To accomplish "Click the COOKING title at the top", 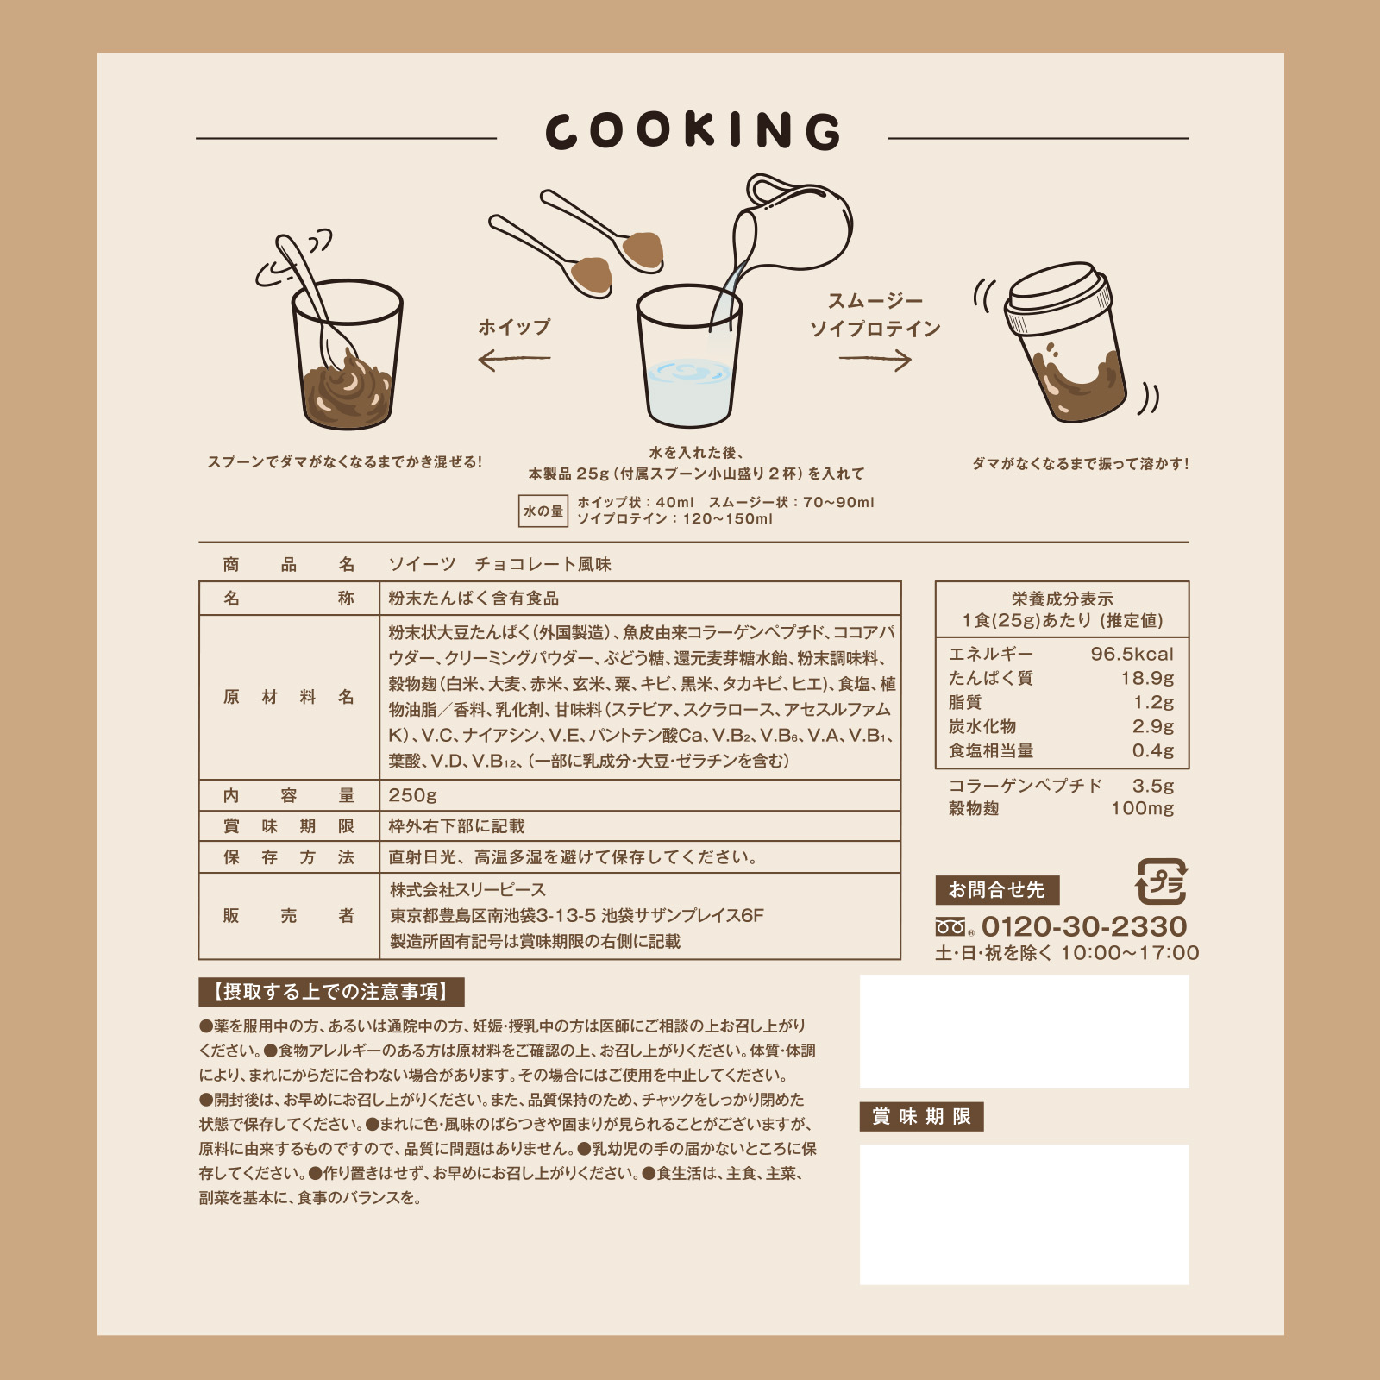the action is tap(693, 131).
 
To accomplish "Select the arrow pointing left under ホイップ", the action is tap(514, 359).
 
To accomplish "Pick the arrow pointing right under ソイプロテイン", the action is tap(875, 360).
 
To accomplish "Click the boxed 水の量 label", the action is tap(543, 511).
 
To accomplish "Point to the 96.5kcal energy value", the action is tap(1132, 654).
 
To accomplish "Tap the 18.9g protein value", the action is tap(1147, 678).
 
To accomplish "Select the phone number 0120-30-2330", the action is tap(1084, 926).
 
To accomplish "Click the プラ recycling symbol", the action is tap(1162, 881).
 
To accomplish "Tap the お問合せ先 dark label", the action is tap(997, 890).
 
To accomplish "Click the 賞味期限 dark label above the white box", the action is tap(921, 1117).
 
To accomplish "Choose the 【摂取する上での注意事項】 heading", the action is tap(332, 992).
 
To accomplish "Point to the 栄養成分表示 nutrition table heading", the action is tap(1063, 599).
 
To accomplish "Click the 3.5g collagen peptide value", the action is tap(1153, 786).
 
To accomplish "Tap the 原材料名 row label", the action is tap(289, 697).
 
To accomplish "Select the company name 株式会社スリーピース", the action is tap(467, 889).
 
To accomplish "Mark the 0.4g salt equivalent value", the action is tap(1153, 750).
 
